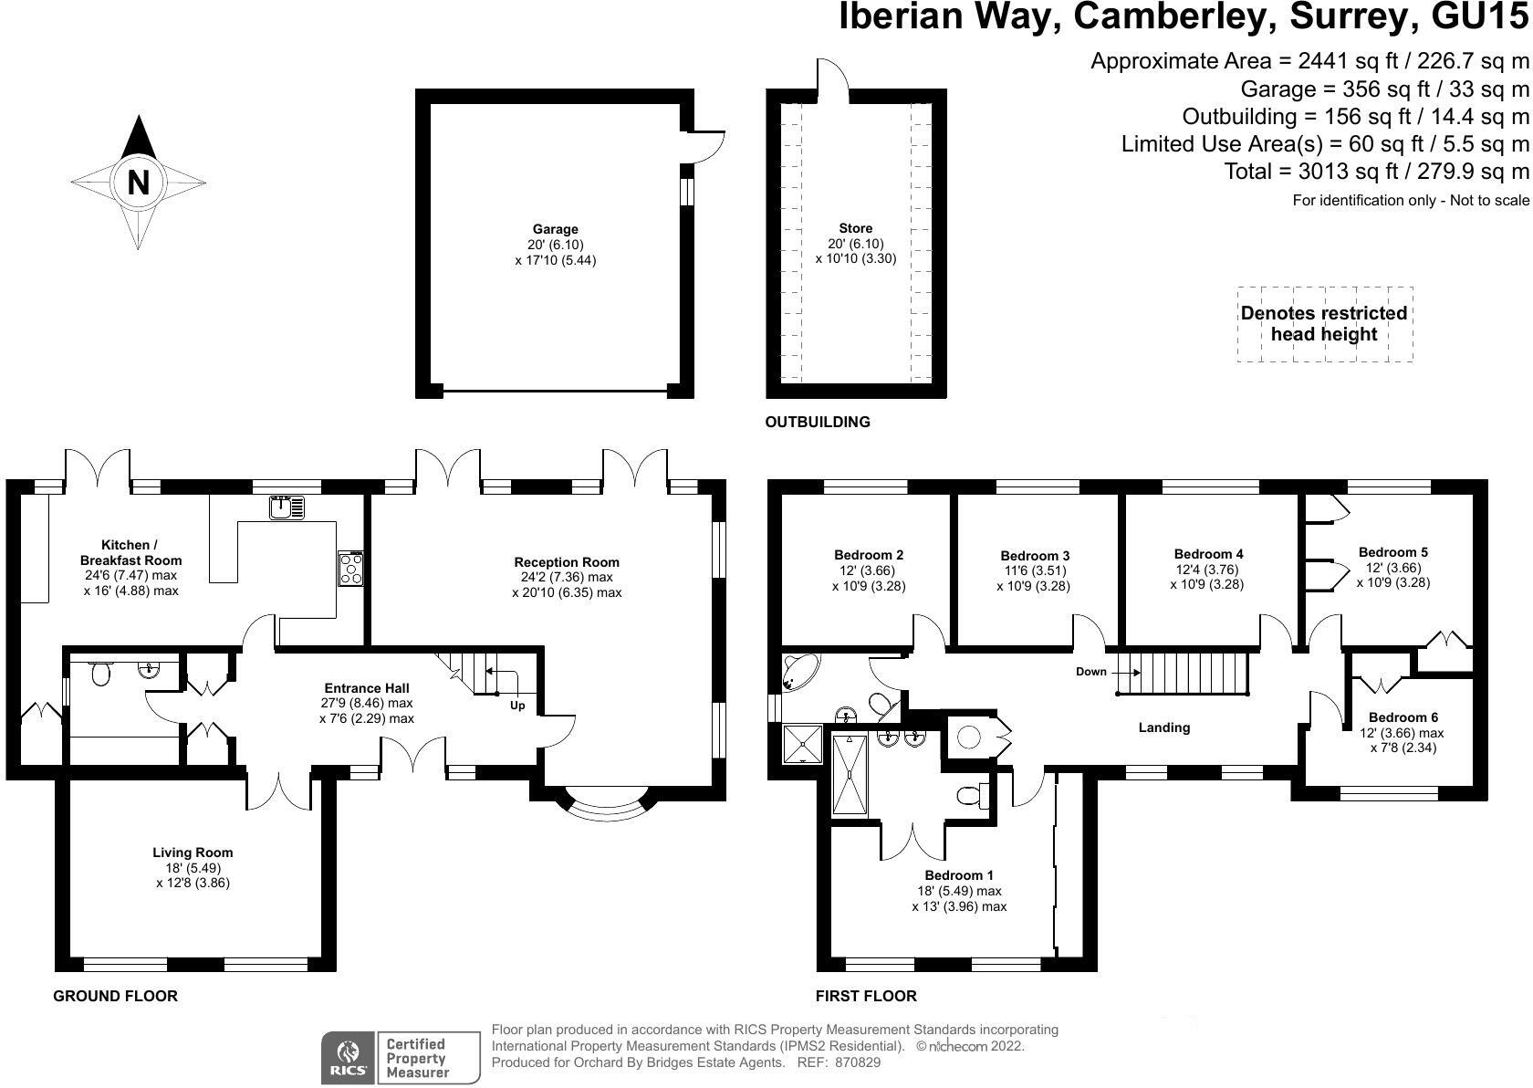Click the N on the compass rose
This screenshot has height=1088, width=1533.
coord(139,183)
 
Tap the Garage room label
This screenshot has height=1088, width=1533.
coord(556,229)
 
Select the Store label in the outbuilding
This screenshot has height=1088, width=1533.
coord(856,228)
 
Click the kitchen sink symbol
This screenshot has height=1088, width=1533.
coord(287,507)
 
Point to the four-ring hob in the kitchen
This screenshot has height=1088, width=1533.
coord(351,569)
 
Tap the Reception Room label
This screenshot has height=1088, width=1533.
coord(567,562)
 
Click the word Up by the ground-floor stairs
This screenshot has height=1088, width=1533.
coord(517,706)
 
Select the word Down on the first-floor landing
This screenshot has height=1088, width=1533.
coord(1091,672)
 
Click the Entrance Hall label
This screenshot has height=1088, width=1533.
coord(367,688)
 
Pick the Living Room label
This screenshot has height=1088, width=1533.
coord(193,853)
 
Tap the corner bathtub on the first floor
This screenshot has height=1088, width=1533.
coord(801,672)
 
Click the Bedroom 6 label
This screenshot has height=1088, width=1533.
coord(1403,717)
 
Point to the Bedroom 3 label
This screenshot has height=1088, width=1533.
coord(1035,556)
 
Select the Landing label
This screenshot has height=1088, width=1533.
coord(1164,727)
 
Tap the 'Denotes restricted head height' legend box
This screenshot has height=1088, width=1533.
coord(1325,324)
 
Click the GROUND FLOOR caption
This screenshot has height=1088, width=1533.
coord(115,996)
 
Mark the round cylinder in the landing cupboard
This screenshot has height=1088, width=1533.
coord(968,738)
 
